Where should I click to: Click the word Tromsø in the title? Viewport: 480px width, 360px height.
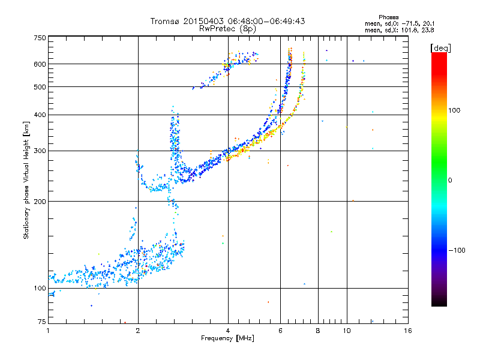[166, 21]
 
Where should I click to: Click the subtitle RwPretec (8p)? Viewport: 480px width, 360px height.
[227, 29]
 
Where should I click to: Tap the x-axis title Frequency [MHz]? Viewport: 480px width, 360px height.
[227, 338]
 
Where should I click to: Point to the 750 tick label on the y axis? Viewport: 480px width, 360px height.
[40, 38]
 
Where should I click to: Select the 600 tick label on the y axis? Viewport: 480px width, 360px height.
[40, 64]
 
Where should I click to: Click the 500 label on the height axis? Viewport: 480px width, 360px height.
[40, 87]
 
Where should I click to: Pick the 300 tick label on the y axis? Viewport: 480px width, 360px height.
[40, 151]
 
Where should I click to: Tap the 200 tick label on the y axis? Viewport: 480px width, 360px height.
[40, 202]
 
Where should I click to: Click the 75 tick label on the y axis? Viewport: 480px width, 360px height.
[42, 322]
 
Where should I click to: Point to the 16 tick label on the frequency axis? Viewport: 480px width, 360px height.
[408, 331]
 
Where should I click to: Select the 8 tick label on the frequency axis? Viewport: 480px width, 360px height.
[318, 331]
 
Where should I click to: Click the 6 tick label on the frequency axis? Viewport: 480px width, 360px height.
[280, 331]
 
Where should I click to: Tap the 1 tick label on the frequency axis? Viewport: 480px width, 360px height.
[48, 331]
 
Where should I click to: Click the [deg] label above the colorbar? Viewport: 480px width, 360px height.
[441, 48]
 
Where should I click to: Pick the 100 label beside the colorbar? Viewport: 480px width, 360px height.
[454, 110]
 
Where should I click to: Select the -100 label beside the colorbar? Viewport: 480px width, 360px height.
[457, 250]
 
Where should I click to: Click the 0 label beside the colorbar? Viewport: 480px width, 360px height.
[450, 181]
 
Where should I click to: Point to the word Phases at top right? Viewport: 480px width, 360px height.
[389, 17]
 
